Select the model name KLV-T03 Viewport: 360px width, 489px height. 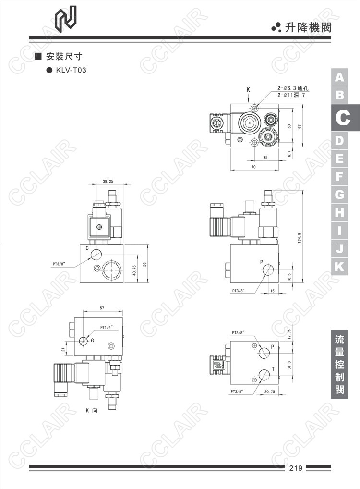click(x=71, y=70)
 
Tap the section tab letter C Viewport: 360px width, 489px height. click(x=343, y=118)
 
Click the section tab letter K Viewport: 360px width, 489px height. click(x=339, y=267)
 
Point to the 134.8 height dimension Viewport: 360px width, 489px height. click(x=300, y=238)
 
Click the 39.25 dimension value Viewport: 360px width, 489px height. click(x=108, y=181)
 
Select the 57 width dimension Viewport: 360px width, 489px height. click(x=102, y=308)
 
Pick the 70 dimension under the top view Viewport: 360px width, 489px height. click(x=253, y=167)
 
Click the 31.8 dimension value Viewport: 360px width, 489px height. click(x=289, y=365)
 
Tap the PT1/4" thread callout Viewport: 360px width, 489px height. click(x=106, y=327)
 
